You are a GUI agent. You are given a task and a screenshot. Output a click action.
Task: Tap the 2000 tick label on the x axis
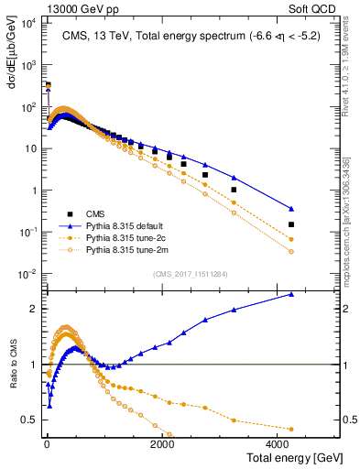162,443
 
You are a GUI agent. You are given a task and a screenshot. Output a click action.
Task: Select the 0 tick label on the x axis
46,443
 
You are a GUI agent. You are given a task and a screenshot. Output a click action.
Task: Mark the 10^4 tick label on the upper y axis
28,23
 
